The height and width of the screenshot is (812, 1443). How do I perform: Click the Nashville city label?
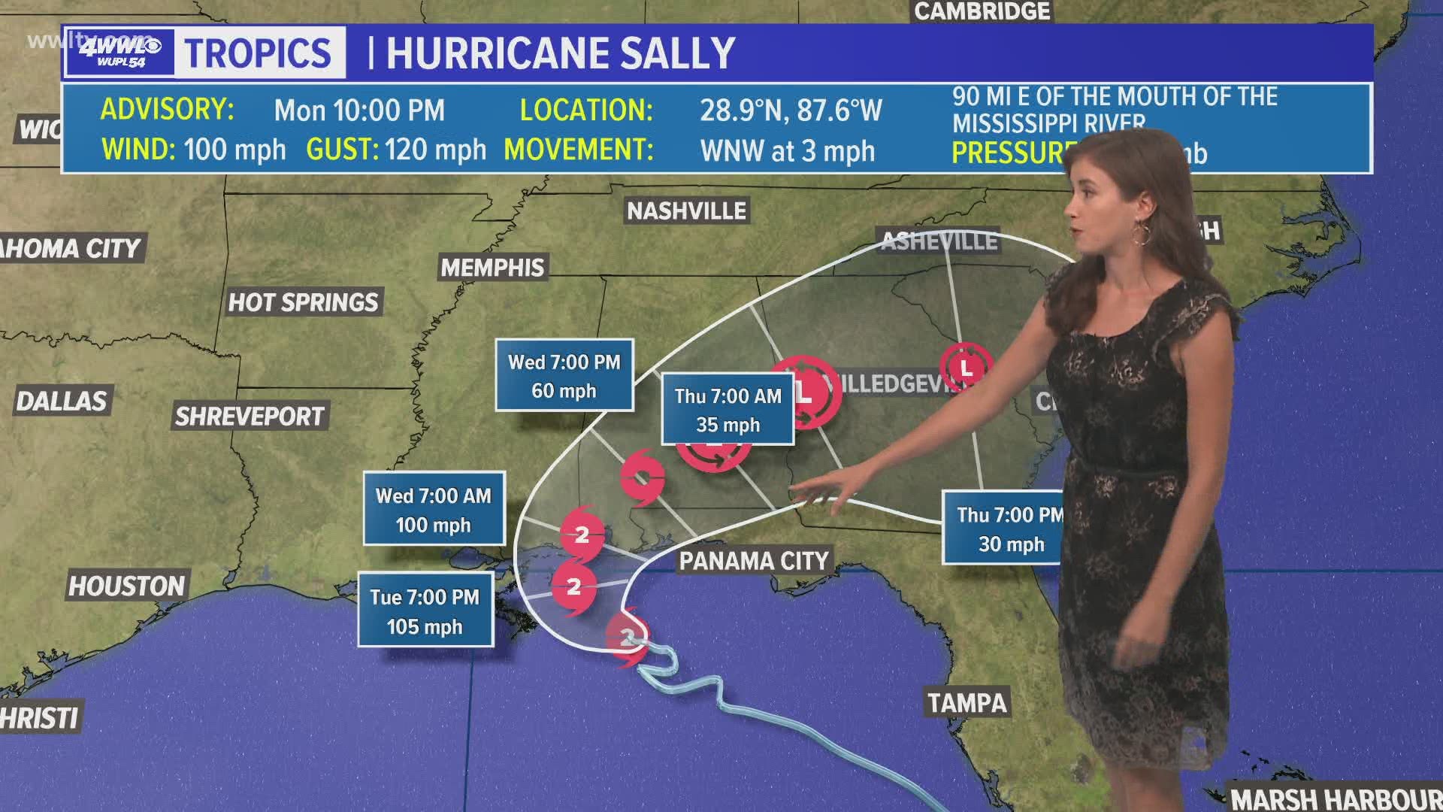686,211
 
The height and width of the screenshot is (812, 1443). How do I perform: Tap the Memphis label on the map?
492,268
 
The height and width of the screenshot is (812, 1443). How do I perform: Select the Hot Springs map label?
303,302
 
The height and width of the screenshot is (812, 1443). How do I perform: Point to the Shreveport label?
249,417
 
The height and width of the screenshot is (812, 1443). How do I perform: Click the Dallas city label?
62,401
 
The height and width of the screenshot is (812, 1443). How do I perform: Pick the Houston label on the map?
126,586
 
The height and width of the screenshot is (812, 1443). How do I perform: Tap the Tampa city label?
967,703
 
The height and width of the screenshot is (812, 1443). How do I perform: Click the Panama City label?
754,561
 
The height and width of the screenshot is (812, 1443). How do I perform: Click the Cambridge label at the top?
982,11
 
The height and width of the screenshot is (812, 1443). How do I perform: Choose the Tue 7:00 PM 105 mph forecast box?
425,611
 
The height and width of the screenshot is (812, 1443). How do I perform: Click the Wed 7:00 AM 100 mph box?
434,509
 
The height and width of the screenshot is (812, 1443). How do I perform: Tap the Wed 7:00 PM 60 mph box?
564,375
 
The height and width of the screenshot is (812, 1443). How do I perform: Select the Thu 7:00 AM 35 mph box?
728,410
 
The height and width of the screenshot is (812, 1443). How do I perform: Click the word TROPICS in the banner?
259,53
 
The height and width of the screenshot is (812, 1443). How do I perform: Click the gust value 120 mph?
436,150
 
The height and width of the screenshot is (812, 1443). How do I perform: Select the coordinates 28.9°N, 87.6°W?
791,111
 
